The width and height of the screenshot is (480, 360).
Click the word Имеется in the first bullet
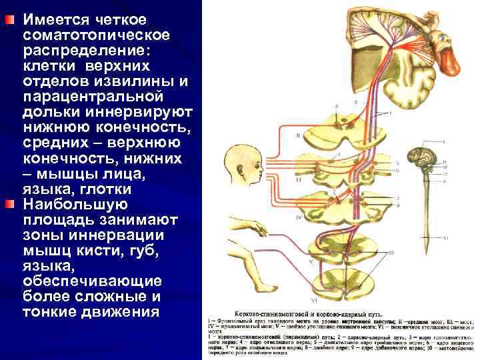point(54,19)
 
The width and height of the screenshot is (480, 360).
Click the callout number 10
point(391,253)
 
